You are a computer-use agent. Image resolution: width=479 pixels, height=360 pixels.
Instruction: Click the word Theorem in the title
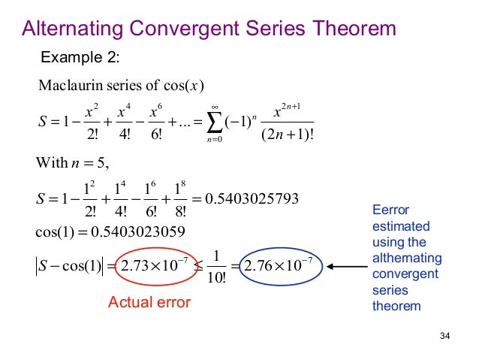tap(347, 29)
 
